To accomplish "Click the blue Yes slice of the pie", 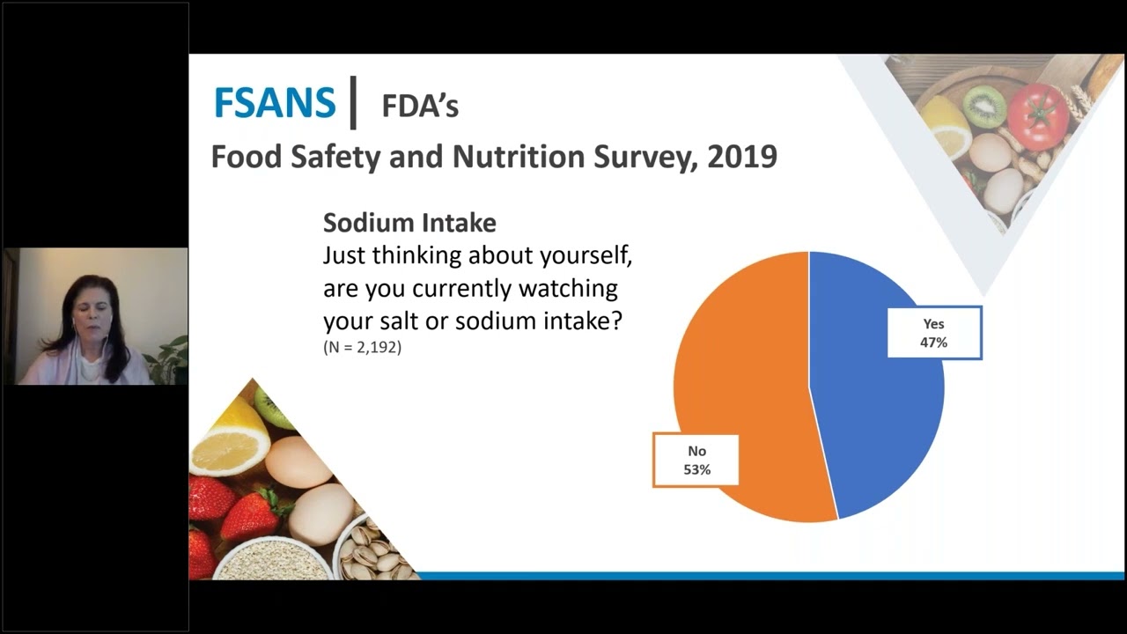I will (880, 423).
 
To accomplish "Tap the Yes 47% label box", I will (933, 333).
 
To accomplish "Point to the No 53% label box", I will (696, 460).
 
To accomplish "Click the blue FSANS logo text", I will (275, 103).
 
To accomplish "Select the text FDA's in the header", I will (420, 106).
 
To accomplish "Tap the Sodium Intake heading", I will (409, 223).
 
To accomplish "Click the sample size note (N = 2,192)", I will (362, 347).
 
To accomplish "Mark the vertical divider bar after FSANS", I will (353, 102).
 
